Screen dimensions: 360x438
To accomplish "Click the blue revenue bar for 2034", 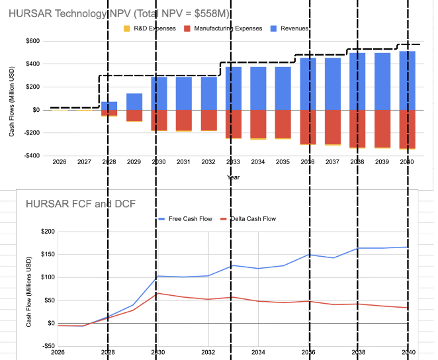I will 258,88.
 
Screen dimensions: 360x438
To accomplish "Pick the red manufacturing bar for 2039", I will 382,128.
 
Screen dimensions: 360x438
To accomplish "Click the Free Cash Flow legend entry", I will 188,218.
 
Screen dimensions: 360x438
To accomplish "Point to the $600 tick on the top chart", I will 31,41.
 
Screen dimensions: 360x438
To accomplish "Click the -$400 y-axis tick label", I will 30,156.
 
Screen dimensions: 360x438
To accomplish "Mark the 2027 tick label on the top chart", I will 84,161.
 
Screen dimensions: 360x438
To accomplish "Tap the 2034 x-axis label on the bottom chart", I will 258,352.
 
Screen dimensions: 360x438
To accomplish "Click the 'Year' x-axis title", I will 234,177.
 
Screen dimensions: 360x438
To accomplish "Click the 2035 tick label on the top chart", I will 283,161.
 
